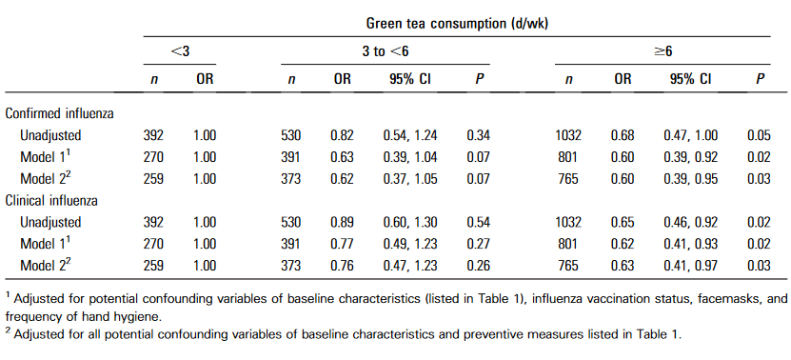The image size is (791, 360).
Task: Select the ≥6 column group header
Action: click(x=662, y=51)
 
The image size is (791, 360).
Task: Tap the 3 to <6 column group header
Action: click(x=385, y=51)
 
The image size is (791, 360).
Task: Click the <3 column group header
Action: click(x=180, y=51)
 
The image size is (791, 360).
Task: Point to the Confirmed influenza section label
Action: click(x=60, y=113)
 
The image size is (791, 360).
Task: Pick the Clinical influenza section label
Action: click(x=51, y=200)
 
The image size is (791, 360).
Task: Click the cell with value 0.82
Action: click(x=343, y=135)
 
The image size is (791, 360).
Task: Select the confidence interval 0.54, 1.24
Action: click(x=410, y=135)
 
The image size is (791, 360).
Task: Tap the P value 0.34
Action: click(x=479, y=135)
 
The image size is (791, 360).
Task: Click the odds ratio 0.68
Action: click(x=623, y=135)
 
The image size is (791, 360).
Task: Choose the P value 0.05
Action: click(x=760, y=135)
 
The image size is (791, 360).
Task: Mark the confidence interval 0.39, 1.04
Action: click(x=410, y=157)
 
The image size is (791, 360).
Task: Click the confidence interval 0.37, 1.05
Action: click(x=410, y=179)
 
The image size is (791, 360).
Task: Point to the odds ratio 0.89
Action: click(x=343, y=222)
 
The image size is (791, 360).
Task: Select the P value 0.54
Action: click(x=479, y=222)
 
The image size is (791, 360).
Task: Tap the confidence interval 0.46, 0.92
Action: click(x=690, y=222)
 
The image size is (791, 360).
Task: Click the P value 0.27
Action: click(x=479, y=244)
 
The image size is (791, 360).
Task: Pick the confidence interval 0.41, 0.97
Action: click(x=690, y=266)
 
